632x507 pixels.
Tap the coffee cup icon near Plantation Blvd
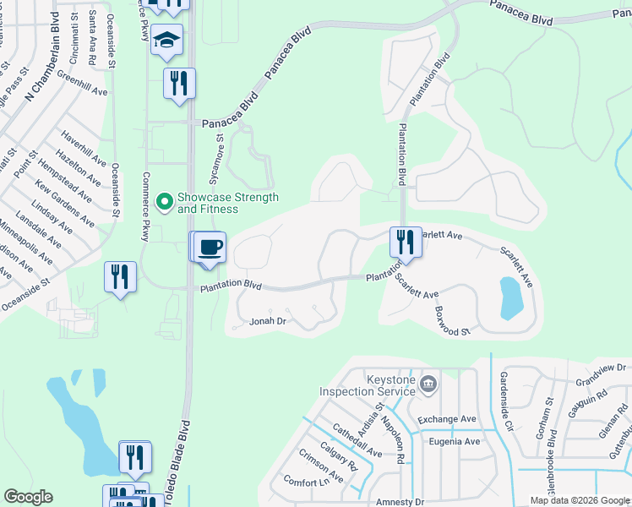pyautogui.click(x=210, y=248)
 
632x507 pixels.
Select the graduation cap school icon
pyautogui.click(x=167, y=40)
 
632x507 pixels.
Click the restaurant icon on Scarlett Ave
pyautogui.click(x=405, y=242)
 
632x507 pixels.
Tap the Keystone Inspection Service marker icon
pyautogui.click(x=428, y=384)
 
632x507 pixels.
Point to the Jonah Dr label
pyautogui.click(x=270, y=322)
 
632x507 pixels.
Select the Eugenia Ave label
pyautogui.click(x=454, y=441)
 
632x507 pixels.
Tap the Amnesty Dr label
pyautogui.click(x=398, y=502)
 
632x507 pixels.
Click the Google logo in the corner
pyautogui.click(x=28, y=497)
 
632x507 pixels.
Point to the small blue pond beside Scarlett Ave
pyautogui.click(x=511, y=298)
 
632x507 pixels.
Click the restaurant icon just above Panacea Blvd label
pyautogui.click(x=179, y=84)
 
